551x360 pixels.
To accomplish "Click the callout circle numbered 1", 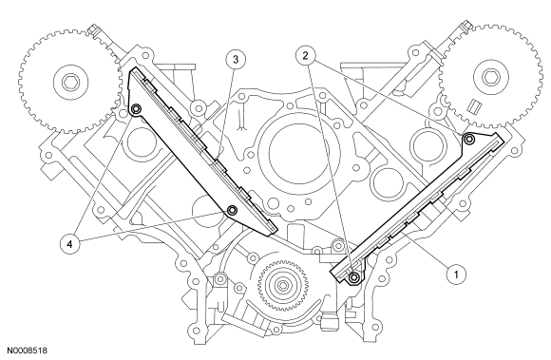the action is pyautogui.click(x=456, y=275).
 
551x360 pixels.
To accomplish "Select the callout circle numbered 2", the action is pyautogui.click(x=305, y=55).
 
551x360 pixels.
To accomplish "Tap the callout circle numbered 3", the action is pyautogui.click(x=236, y=59).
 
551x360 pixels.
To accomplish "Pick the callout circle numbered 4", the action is pyautogui.click(x=69, y=244).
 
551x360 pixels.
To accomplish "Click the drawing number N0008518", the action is pyautogui.click(x=28, y=351).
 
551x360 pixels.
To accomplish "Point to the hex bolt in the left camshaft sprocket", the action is pyautogui.click(x=68, y=83).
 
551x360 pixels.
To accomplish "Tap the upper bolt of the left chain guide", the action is pyautogui.click(x=136, y=109).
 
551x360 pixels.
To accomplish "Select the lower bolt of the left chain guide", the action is pyautogui.click(x=232, y=211).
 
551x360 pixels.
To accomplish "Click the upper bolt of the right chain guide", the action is pyautogui.click(x=468, y=140).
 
